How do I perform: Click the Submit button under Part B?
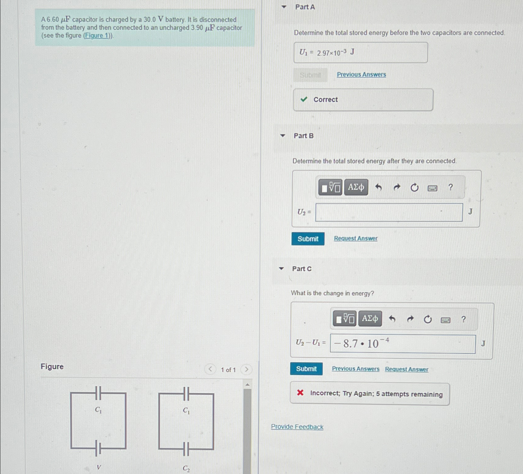point(308,239)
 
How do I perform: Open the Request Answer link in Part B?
point(356,238)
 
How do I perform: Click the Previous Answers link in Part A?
point(361,74)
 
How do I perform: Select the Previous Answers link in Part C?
point(356,369)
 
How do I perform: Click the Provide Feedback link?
point(297,427)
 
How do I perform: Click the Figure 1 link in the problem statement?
point(97,35)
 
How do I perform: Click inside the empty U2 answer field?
point(389,212)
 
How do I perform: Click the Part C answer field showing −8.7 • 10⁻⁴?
point(403,344)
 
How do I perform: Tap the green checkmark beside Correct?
point(304,99)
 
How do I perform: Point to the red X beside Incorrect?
point(300,392)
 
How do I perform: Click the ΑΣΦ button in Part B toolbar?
point(356,187)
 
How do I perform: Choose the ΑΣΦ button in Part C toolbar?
point(370,318)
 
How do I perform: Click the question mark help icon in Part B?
point(451,187)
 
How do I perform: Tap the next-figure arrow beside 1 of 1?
point(246,369)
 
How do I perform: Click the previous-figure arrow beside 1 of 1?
point(210,369)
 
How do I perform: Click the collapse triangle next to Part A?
point(284,7)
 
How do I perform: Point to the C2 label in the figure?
point(186,468)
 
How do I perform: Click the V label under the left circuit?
point(99,467)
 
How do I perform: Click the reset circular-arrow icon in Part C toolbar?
point(428,319)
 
